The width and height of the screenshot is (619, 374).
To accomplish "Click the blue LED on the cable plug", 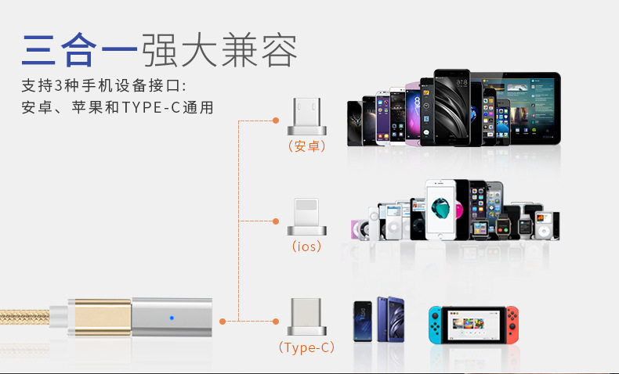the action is (171, 318).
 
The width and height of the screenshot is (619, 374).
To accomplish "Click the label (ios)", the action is (306, 246).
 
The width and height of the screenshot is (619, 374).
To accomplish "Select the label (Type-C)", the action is (306, 347).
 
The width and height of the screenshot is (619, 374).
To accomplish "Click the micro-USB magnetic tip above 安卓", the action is (306, 117).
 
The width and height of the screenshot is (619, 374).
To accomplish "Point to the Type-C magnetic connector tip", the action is (306, 316).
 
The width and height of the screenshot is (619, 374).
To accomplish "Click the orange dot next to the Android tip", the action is (275, 120).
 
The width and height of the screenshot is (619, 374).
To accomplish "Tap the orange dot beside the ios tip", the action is (275, 221).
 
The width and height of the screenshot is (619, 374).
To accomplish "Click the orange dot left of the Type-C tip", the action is (275, 321).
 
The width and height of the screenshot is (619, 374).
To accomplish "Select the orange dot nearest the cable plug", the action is (223, 321).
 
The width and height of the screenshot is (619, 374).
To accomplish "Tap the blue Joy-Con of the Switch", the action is (434, 323).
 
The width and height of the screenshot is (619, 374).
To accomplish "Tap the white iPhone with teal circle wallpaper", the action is (440, 209).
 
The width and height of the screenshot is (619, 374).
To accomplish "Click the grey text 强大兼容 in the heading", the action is (219, 52).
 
